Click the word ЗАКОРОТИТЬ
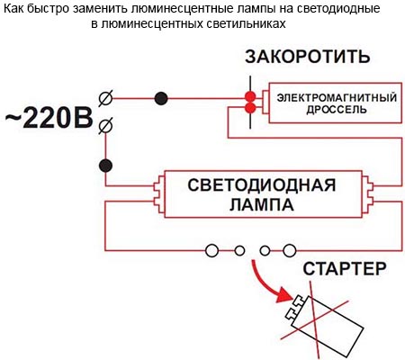(308, 57)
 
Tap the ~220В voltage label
(49, 119)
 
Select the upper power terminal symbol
(106, 98)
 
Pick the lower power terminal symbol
(106, 126)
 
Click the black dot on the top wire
(161, 98)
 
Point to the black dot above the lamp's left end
(105, 166)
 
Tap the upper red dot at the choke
(250, 97)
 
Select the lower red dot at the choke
(250, 108)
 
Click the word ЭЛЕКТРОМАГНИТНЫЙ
(337, 98)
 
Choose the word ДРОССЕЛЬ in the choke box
(337, 110)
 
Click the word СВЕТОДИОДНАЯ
(261, 185)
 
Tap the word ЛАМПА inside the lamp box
(261, 204)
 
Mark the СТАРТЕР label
(345, 269)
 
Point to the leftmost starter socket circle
(212, 250)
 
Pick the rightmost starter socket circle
(290, 250)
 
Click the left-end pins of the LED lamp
(159, 193)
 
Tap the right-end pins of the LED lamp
(367, 193)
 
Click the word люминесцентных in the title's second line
(153, 23)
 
